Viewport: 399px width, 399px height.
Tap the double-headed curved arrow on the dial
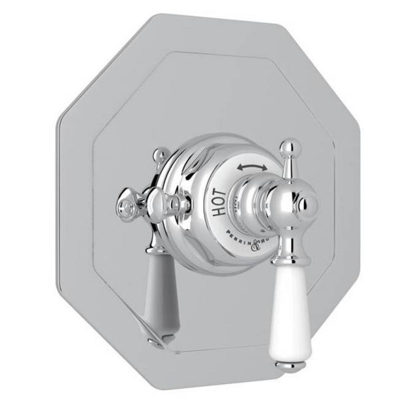click(252, 167)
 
